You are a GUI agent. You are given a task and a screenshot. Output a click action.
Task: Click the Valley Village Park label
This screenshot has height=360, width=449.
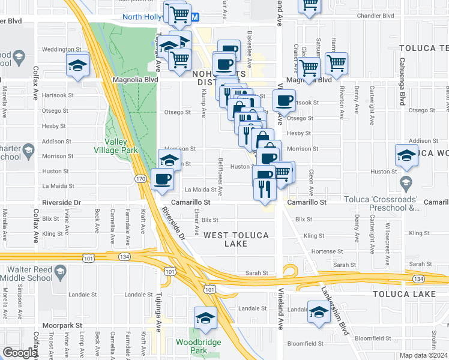pos(116,146)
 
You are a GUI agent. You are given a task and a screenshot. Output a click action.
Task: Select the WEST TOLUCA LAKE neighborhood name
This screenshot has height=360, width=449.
pos(235,239)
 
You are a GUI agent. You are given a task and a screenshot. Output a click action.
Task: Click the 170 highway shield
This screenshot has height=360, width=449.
pos(140,179)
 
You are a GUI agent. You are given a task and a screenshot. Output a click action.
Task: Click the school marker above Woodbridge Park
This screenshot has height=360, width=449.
pos(205,318)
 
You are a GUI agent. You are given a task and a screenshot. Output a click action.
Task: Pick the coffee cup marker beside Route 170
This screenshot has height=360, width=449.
pos(163,179)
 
